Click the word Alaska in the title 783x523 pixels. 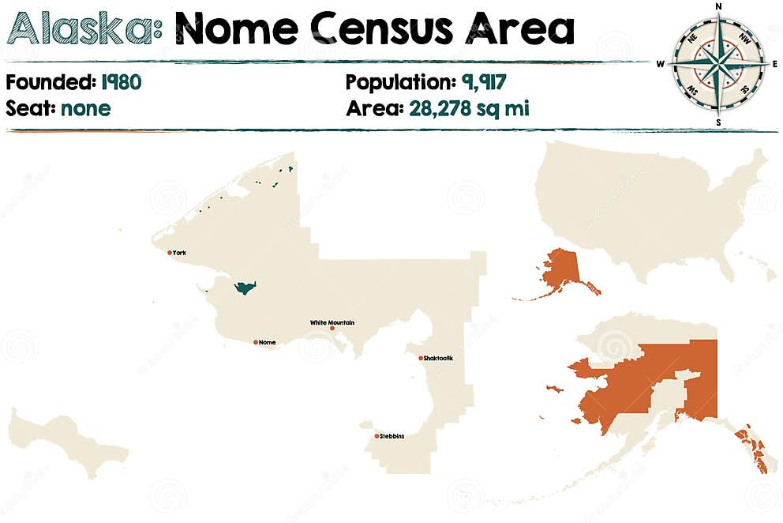pos(82,28)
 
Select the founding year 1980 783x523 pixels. pos(121,83)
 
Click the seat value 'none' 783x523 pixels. pos(85,108)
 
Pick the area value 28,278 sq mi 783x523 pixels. pos(469,108)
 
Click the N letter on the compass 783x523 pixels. pos(718,7)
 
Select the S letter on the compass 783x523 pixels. pos(718,122)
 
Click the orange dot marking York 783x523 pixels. pos(170,253)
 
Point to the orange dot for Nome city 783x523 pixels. pos(256,342)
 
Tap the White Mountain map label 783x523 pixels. pos(332,322)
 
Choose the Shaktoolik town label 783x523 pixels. pos(439,358)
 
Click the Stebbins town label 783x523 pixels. pos(392,435)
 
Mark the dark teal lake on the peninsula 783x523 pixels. pos(245,288)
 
